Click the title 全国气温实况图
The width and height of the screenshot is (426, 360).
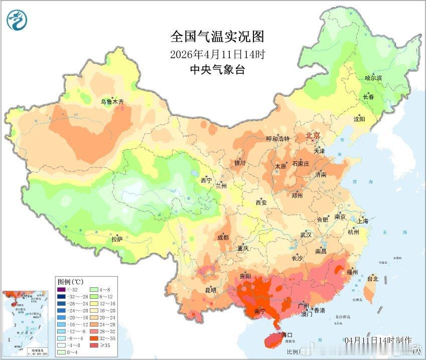[x=217, y=37]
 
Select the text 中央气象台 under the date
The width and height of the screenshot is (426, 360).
[x=217, y=70]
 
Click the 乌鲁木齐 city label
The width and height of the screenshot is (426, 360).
[x=112, y=102]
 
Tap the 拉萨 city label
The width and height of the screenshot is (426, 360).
[x=117, y=240]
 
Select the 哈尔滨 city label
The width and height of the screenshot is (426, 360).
[x=373, y=78]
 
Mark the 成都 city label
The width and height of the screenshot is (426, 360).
[x=223, y=237]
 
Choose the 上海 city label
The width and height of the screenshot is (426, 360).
[x=363, y=221]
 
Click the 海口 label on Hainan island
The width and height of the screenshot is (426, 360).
[x=287, y=334]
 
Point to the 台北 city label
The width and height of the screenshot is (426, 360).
[x=372, y=279]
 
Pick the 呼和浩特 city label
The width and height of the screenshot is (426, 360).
[x=277, y=139]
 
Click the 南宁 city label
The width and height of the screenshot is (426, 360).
[x=259, y=311]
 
